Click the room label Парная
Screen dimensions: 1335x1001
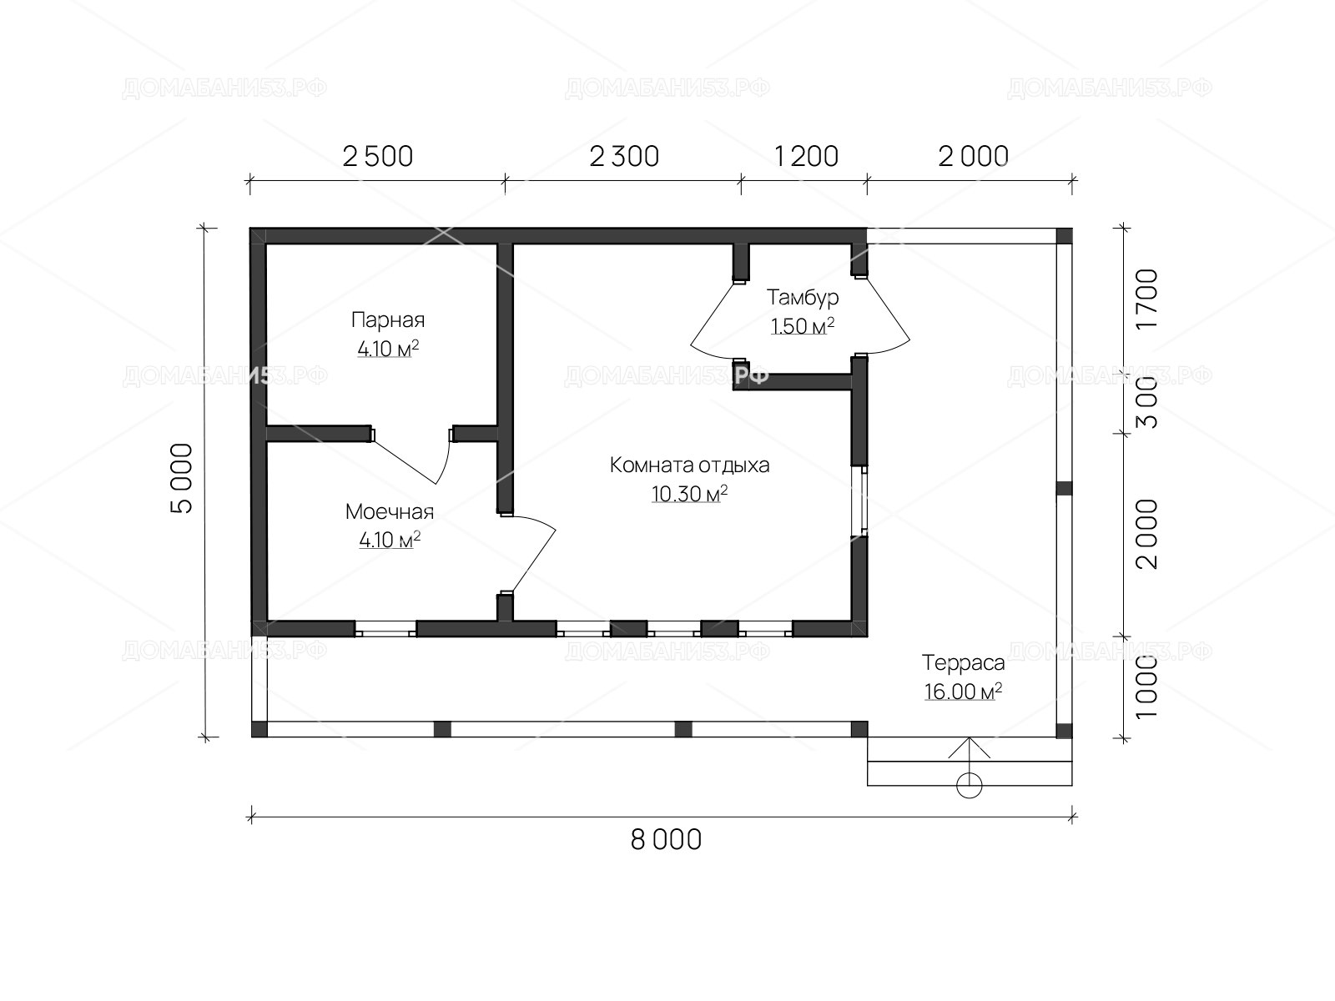coord(388,319)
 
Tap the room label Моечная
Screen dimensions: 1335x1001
coord(390,511)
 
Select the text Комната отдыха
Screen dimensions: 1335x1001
coord(689,465)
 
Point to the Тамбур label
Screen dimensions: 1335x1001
coord(802,297)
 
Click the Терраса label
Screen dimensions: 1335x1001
coord(963,662)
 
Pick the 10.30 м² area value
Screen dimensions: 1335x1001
coord(689,494)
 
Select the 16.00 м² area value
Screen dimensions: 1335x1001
coord(963,691)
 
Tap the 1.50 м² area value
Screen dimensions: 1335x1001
coord(802,326)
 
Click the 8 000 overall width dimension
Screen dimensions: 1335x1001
coord(666,840)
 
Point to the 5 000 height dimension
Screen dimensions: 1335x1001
coord(182,478)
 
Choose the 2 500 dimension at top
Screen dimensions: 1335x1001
coord(378,157)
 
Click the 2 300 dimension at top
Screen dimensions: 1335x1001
coord(624,157)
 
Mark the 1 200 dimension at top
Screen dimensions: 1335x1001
coord(807,157)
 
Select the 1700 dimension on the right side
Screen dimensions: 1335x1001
coord(1147,299)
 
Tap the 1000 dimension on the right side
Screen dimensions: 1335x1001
coord(1147,687)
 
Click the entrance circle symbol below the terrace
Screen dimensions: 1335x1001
coord(969,785)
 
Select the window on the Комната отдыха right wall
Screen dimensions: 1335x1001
coord(859,501)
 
